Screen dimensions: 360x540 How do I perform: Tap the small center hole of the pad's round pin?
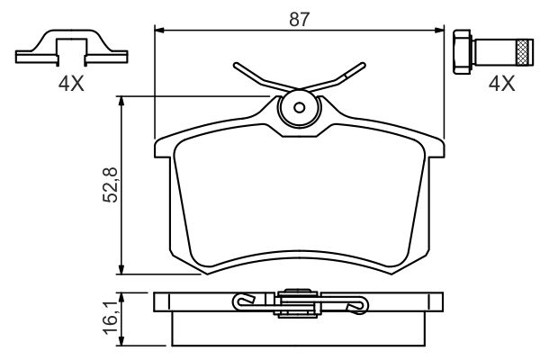(299, 109)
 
